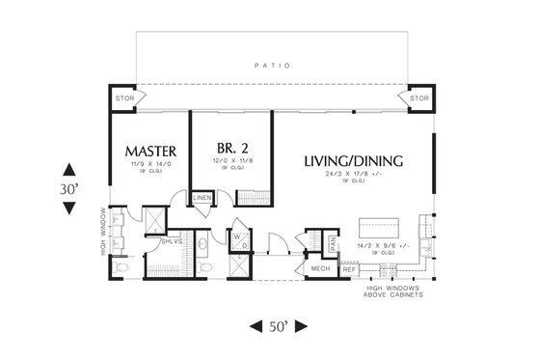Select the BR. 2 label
point(230,148)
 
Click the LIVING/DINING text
point(353,160)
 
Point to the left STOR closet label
point(124,98)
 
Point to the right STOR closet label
point(418,98)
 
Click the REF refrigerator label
point(349,268)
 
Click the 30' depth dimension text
point(67,190)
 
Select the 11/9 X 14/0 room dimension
point(149,167)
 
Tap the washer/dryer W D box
point(238,239)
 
